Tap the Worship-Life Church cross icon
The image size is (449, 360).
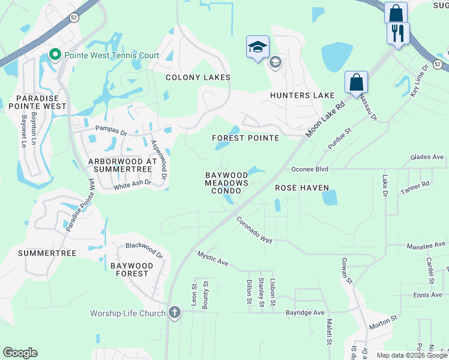pyautogui.click(x=174, y=313)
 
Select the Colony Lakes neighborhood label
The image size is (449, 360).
pyautogui.click(x=198, y=77)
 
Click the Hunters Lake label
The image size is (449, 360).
pyautogui.click(x=302, y=95)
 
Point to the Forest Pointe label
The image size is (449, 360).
pyautogui.click(x=246, y=138)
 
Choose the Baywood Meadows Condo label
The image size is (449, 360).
pyautogui.click(x=226, y=183)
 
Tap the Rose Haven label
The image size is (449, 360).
pyautogui.click(x=302, y=188)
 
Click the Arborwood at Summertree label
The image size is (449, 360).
pyautogui.click(x=122, y=166)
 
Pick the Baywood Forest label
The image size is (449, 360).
pyautogui.click(x=129, y=269)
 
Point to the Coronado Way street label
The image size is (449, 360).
pyautogui.click(x=254, y=230)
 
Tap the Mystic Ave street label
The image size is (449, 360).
pyautogui.click(x=213, y=259)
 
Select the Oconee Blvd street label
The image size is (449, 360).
pyautogui.click(x=310, y=169)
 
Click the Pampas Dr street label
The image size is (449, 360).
pyautogui.click(x=111, y=129)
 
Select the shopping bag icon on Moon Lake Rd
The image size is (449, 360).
pyautogui.click(x=356, y=82)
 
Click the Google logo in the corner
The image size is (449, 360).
pyautogui.click(x=20, y=353)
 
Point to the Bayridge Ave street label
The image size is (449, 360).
pyautogui.click(x=304, y=313)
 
